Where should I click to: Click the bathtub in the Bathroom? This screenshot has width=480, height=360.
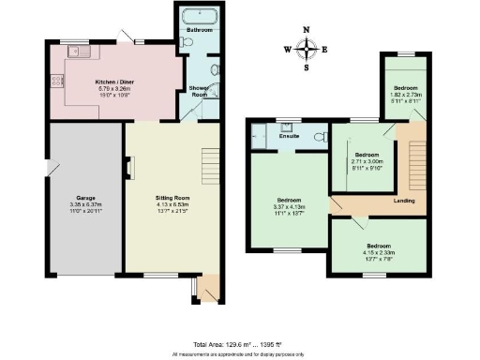198,17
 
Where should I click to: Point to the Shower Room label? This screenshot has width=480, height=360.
198,91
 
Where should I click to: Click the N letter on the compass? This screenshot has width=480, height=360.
306,29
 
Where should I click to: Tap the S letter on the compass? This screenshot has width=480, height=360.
306,67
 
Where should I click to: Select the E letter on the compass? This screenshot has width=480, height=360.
324,49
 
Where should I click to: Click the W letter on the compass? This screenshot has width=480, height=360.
287,49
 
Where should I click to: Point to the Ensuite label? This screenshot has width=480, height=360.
289,137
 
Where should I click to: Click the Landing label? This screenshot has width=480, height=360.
404,200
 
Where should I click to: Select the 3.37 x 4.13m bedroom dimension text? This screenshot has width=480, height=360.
289,206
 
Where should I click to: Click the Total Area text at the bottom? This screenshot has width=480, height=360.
239,345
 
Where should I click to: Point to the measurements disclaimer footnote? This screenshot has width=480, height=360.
239,354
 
